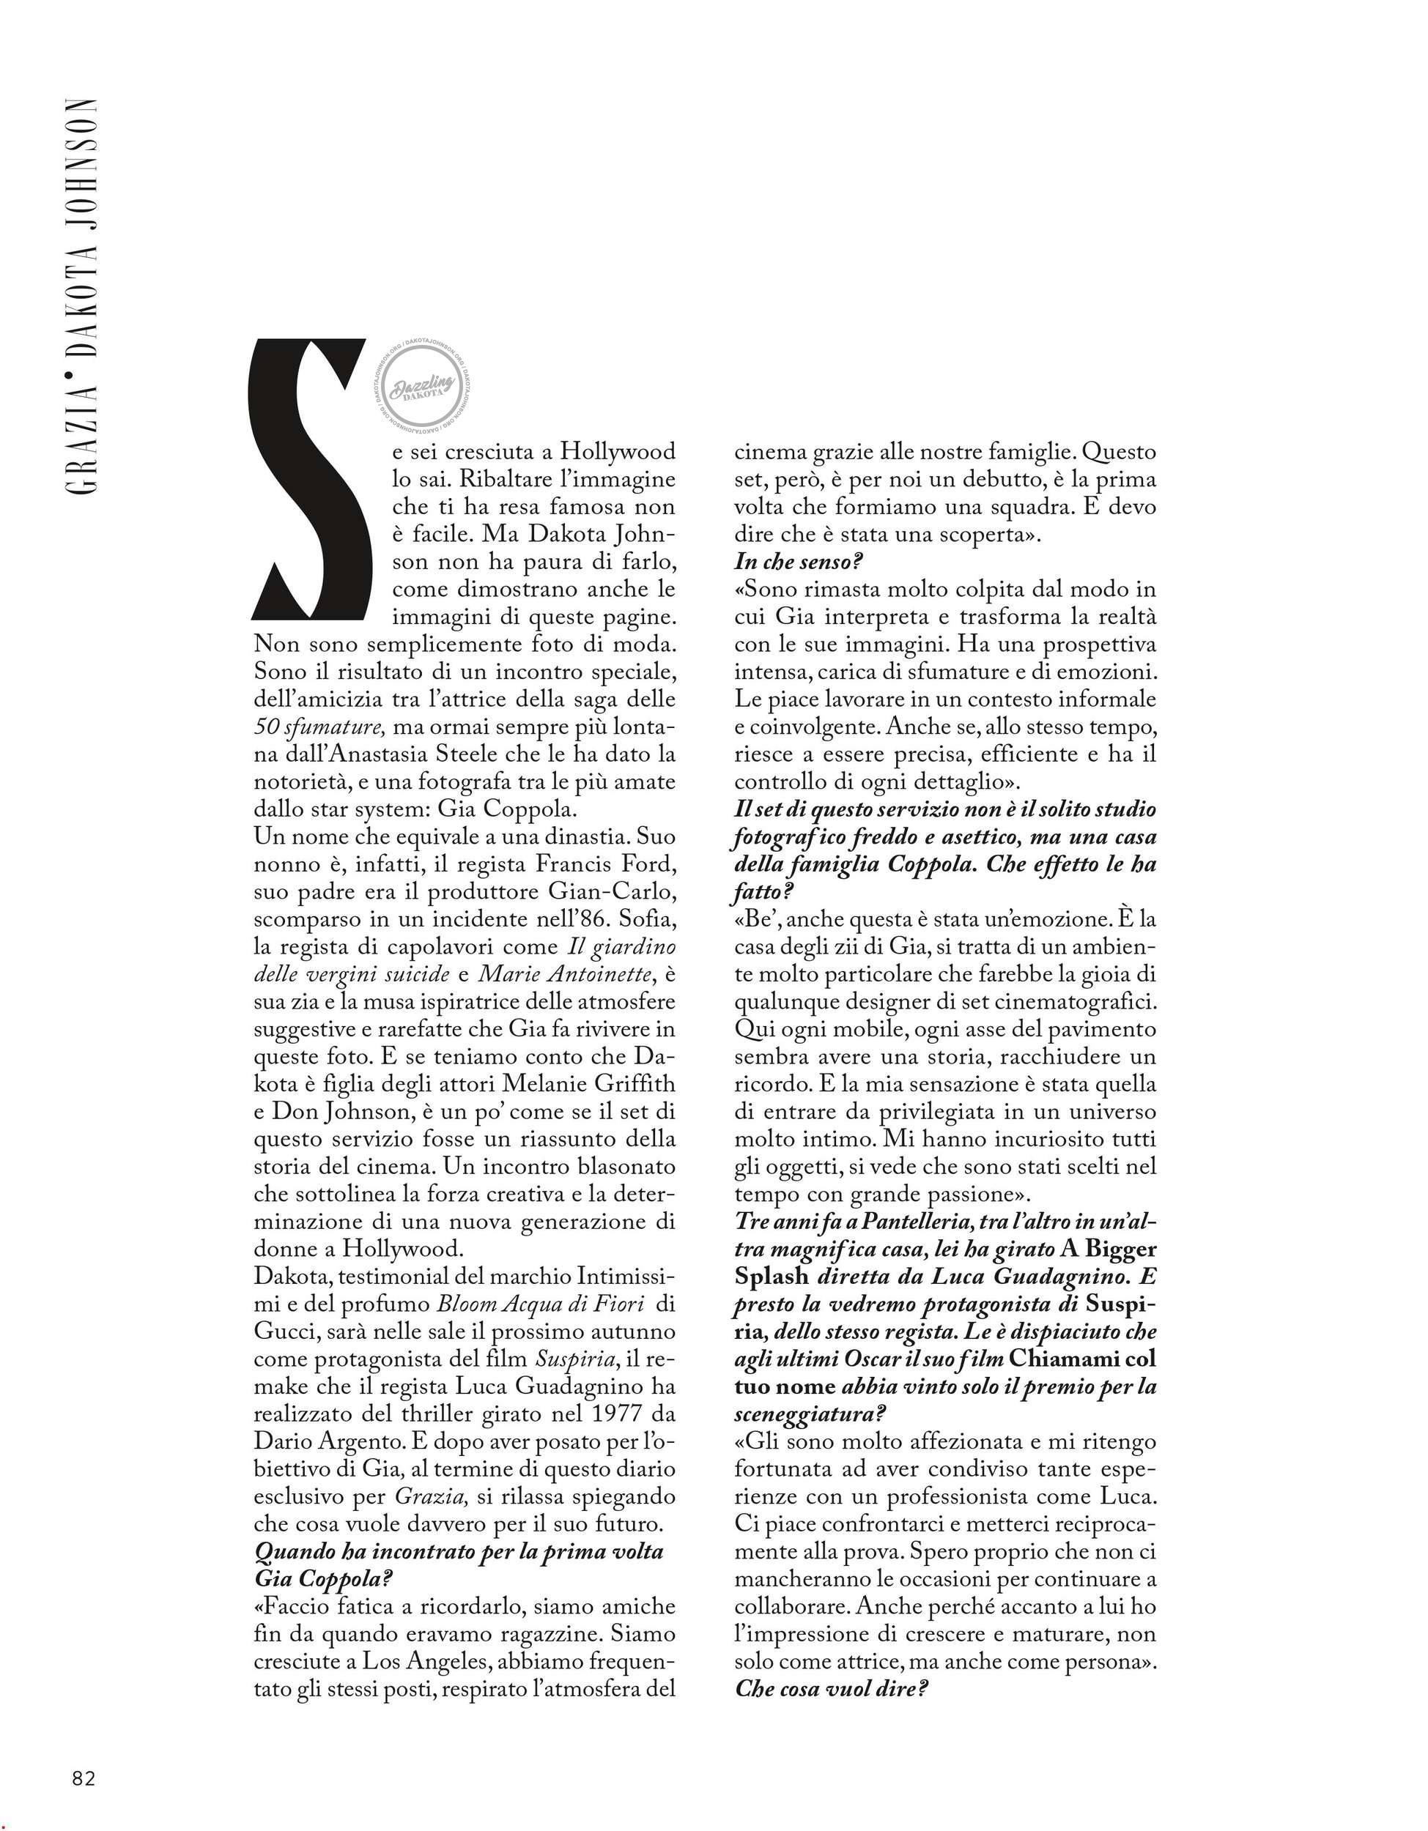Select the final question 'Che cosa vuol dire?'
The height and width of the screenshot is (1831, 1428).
point(831,1688)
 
